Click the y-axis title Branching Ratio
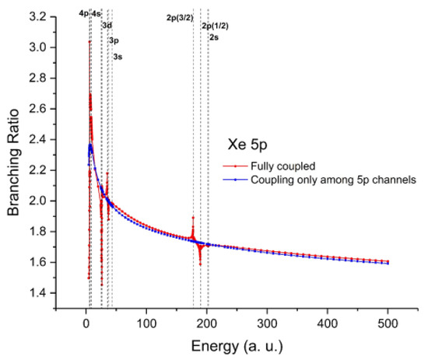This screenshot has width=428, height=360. tap(14, 160)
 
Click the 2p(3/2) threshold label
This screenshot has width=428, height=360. tap(180, 16)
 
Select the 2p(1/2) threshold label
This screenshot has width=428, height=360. tap(216, 26)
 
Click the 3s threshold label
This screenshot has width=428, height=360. tap(117, 57)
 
